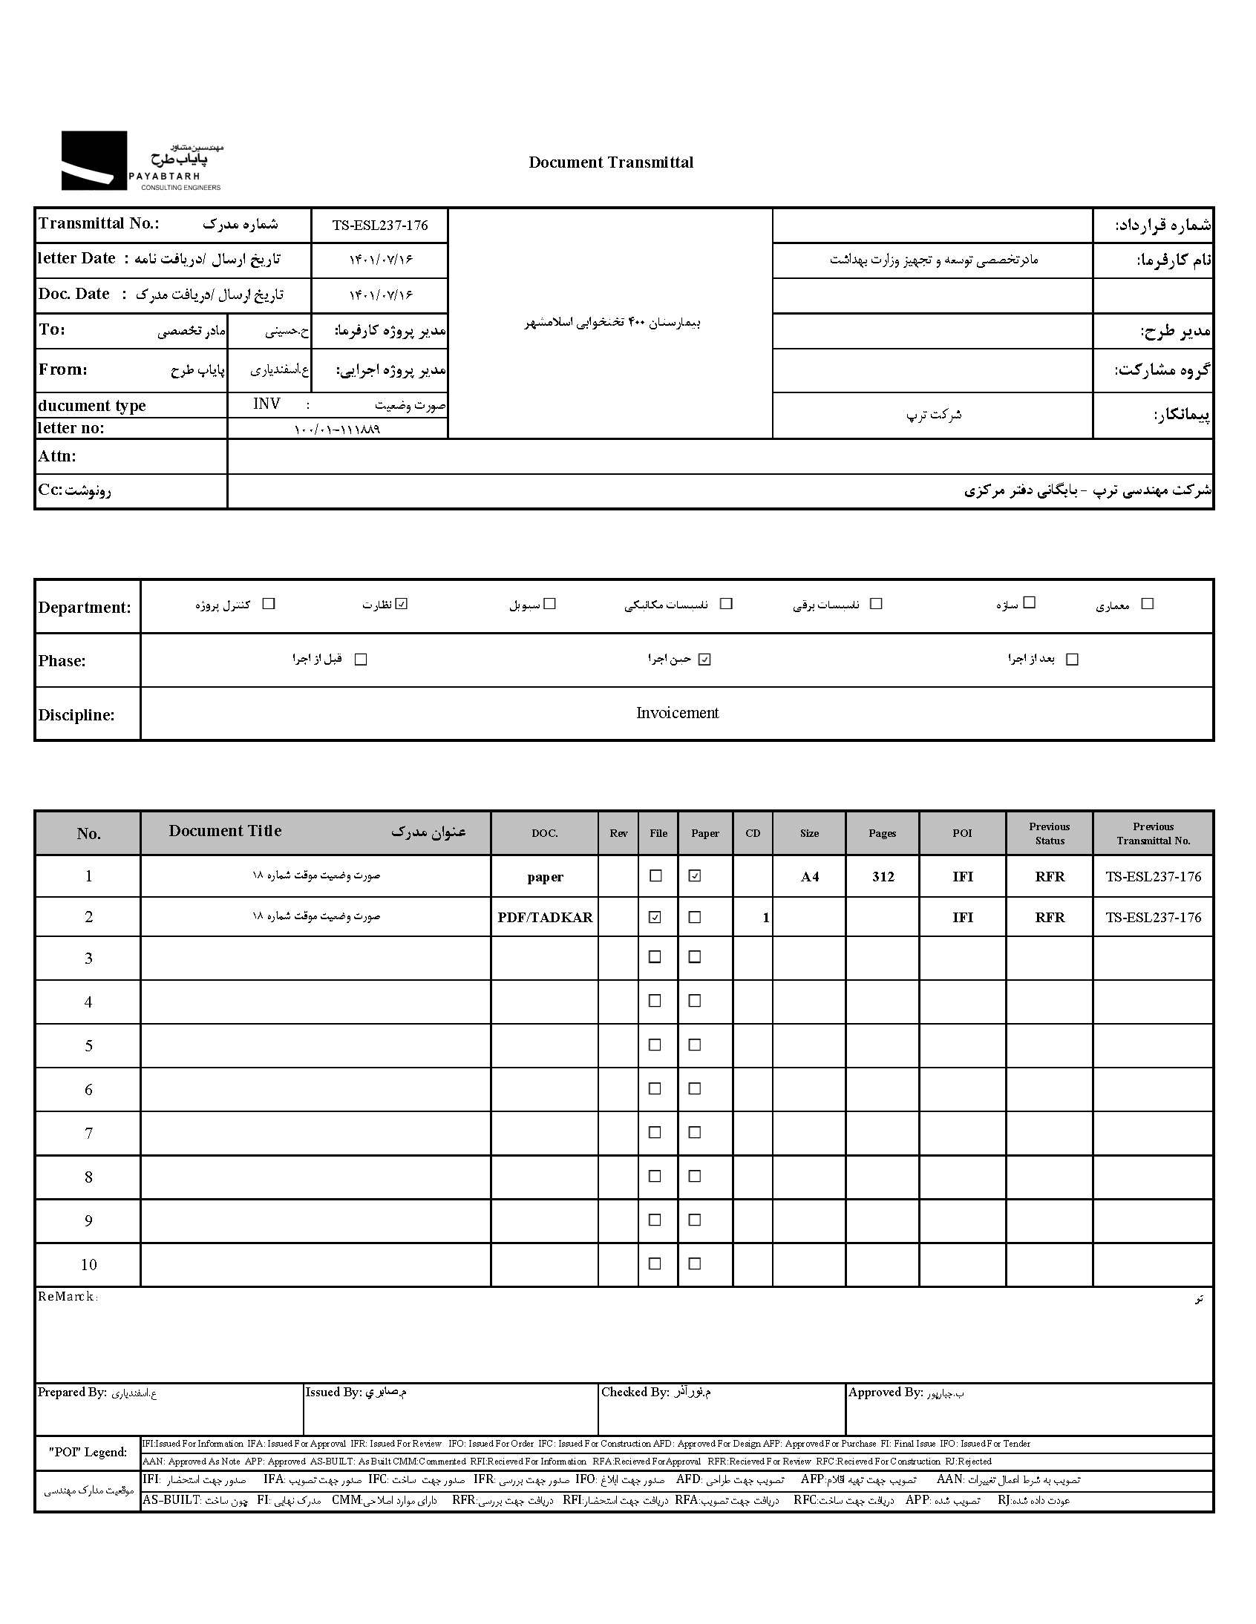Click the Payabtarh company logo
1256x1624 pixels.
(141, 161)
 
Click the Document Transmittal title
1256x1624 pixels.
(610, 163)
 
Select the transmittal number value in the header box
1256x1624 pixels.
(379, 226)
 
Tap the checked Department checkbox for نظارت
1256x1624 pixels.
(402, 604)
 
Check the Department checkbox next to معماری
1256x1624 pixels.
(1147, 604)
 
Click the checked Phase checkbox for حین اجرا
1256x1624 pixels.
(704, 659)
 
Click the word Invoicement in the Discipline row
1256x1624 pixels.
(677, 713)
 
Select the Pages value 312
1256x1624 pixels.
(883, 877)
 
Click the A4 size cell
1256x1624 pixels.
(810, 877)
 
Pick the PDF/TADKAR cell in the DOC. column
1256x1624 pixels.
(545, 918)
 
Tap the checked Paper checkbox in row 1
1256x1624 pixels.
(694, 876)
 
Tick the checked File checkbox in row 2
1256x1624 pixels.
(655, 917)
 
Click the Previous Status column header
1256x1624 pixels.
(1049, 834)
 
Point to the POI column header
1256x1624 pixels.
(962, 834)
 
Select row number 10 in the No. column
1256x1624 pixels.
(88, 1265)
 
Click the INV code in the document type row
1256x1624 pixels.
(266, 404)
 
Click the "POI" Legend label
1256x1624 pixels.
(88, 1452)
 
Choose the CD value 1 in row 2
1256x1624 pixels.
(765, 918)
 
